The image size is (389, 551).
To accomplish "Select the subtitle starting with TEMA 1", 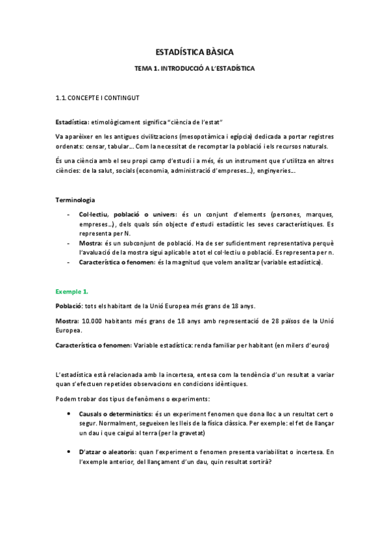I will [x=194, y=68].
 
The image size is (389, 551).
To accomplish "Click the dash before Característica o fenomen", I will [x=69, y=262].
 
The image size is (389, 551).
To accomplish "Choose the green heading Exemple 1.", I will [x=71, y=292].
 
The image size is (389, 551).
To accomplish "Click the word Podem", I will [x=66, y=398].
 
